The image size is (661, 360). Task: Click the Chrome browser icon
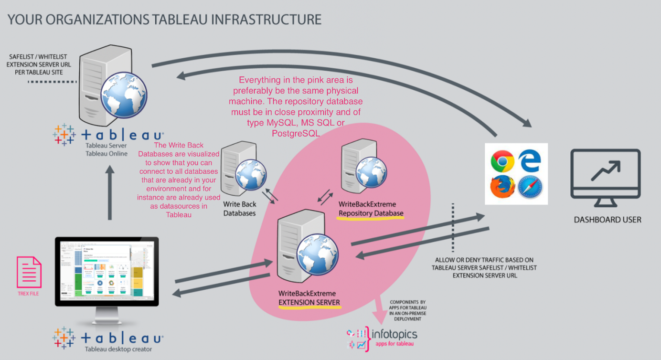tap(502, 161)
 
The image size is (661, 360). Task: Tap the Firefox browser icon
tap(502, 187)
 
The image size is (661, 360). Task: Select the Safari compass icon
tap(530, 187)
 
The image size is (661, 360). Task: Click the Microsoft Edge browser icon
tap(530, 160)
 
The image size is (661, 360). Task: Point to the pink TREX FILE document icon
tap(29, 272)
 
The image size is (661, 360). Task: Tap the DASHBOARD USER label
tap(607, 220)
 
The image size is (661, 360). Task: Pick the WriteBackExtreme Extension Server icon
tap(306, 248)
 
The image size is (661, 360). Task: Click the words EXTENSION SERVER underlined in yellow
tap(309, 302)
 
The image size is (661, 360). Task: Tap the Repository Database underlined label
tap(371, 213)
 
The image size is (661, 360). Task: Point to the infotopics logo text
tap(394, 334)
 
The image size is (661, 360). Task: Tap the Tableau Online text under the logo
tap(107, 153)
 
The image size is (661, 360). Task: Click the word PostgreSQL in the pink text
tap(296, 134)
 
